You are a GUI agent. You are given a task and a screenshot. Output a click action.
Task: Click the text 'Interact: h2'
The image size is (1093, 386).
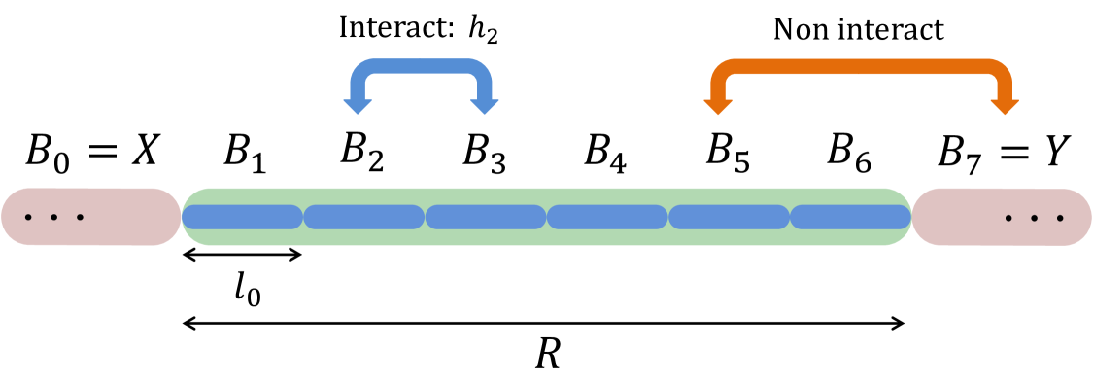tap(423, 28)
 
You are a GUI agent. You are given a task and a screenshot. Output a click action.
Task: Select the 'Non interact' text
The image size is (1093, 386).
tap(858, 29)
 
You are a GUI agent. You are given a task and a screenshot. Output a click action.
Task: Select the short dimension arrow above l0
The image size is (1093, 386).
tap(243, 255)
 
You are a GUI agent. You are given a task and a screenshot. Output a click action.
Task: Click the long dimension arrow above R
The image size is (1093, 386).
tap(544, 321)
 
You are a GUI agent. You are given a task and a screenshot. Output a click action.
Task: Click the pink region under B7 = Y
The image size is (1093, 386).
tap(1001, 216)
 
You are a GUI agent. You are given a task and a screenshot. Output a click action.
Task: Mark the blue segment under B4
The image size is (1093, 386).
tap(606, 216)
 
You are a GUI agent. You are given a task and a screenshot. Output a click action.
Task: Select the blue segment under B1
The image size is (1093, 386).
tap(243, 216)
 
